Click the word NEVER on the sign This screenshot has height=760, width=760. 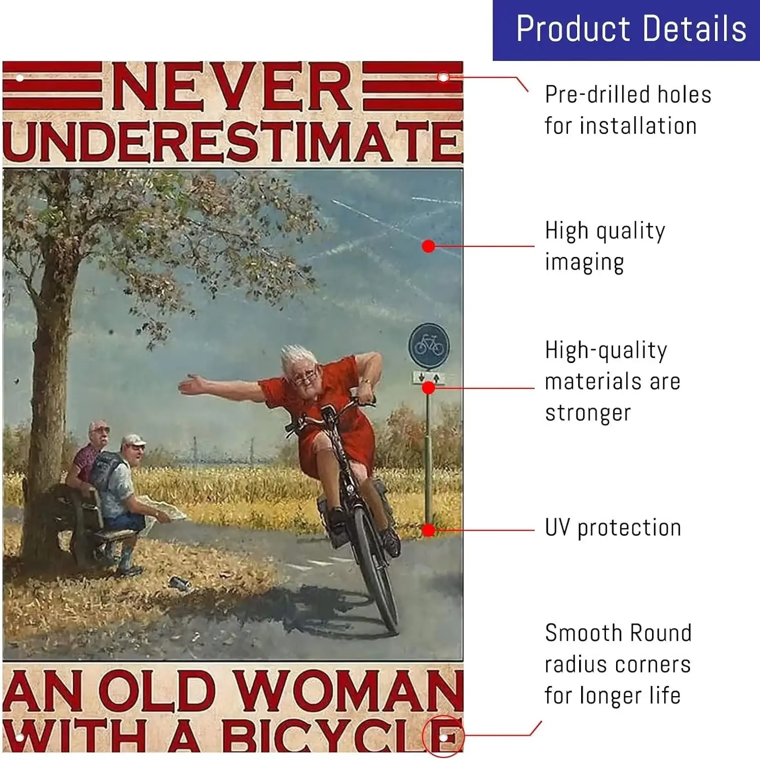click(x=232, y=86)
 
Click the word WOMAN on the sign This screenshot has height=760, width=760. click(x=349, y=691)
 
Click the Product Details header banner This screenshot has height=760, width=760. click(x=626, y=30)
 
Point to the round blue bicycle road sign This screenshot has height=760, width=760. click(x=429, y=346)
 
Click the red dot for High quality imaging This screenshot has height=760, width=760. click(x=429, y=246)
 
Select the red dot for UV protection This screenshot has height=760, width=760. click(x=429, y=530)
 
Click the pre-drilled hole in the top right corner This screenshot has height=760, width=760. click(x=443, y=78)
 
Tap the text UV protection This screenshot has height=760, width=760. click(x=613, y=528)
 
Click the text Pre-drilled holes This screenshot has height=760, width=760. click(x=628, y=95)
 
